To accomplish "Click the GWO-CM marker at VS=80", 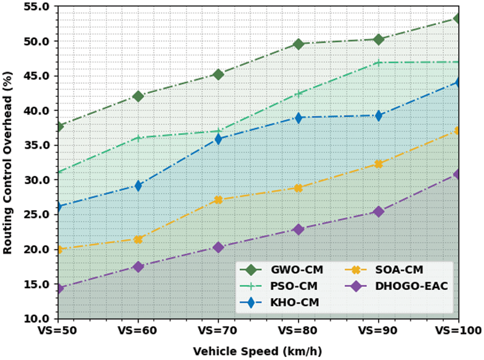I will pos(298,44).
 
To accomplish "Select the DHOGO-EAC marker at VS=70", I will pos(218,247).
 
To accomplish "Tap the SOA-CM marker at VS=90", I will pos(378,164).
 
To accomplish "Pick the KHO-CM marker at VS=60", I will pos(138,186).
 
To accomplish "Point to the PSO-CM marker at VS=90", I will pos(378,63).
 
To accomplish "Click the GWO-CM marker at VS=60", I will pos(138,96).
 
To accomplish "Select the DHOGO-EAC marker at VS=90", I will pos(378,212).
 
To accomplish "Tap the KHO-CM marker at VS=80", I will pos(298,118).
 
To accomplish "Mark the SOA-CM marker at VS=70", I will pos(218,200).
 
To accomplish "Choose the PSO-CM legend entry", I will pos(280,286).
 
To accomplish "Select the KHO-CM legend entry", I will pos(281,302).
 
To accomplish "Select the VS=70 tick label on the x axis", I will pos(218,330).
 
